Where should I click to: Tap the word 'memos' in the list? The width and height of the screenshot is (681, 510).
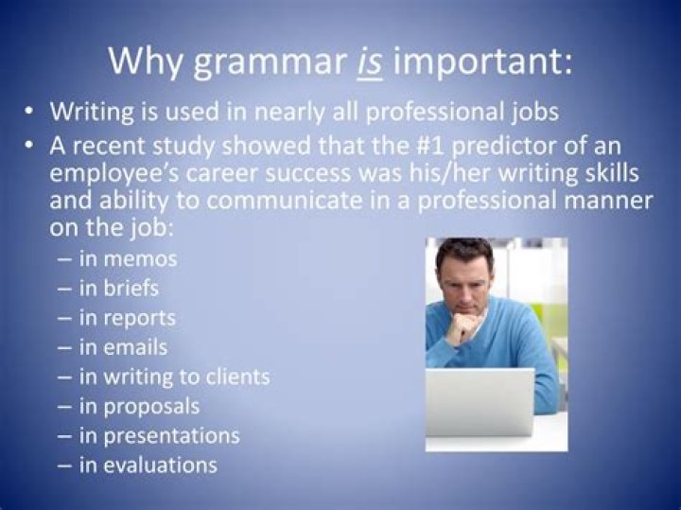[x=141, y=258]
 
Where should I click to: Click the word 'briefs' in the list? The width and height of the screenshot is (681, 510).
[x=132, y=288]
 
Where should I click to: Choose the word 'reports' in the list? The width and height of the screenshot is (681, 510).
[x=140, y=318]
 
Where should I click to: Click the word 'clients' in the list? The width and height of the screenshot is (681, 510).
[x=236, y=377]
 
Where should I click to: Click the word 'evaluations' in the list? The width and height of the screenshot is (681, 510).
[x=161, y=465]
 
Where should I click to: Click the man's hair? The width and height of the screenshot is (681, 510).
[x=464, y=253]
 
